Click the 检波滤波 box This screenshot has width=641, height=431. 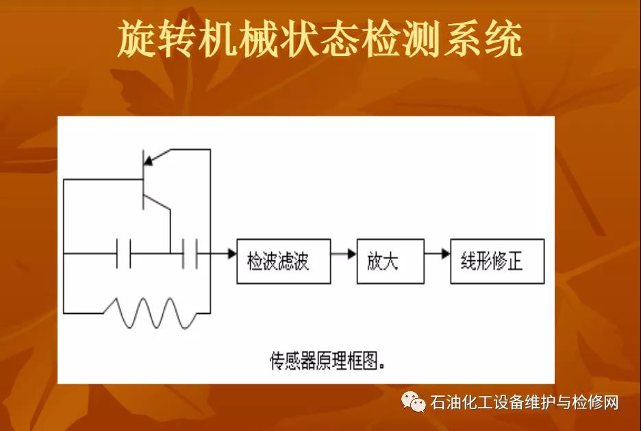(x=283, y=261)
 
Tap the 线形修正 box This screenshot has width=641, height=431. (x=497, y=261)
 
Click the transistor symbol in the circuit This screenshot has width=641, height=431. (x=144, y=180)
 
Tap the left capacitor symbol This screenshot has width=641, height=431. (x=123, y=254)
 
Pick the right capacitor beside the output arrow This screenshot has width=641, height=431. (x=190, y=254)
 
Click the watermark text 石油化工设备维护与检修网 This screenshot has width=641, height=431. (x=525, y=402)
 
